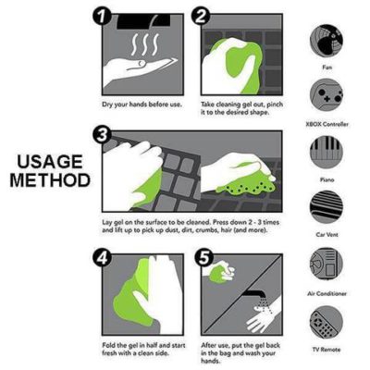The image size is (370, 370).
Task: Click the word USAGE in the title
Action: coord(50,163)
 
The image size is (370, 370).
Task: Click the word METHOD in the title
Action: coord(50,180)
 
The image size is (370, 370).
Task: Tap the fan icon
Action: coord(326,40)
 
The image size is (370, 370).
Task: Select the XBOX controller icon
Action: coord(326,95)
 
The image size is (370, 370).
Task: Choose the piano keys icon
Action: coord(326,151)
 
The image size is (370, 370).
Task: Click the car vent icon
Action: coord(326,206)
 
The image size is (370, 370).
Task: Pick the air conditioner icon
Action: coord(326,264)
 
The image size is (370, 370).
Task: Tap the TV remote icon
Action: coord(326,321)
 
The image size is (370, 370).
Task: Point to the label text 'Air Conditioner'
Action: coord(326,292)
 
